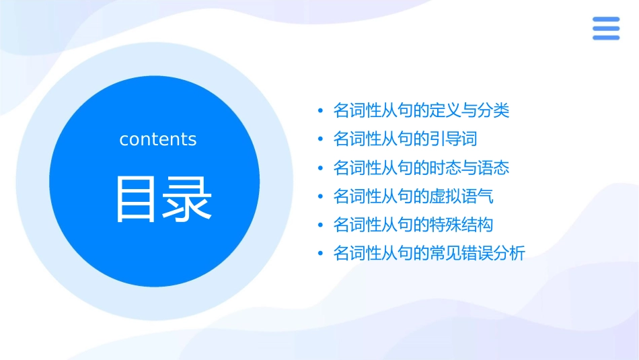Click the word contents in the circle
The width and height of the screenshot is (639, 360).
(x=158, y=139)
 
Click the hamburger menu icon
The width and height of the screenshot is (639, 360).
(x=606, y=28)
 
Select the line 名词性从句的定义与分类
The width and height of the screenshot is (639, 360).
(x=421, y=110)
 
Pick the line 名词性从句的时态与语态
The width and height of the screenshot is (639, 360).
(x=421, y=168)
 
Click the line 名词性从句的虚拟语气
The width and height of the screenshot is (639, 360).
(x=413, y=196)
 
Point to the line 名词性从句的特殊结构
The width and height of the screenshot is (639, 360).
(x=413, y=225)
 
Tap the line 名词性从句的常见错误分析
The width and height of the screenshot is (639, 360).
(x=429, y=254)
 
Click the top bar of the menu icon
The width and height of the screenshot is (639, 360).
(x=606, y=20)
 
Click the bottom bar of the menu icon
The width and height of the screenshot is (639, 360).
(x=606, y=37)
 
